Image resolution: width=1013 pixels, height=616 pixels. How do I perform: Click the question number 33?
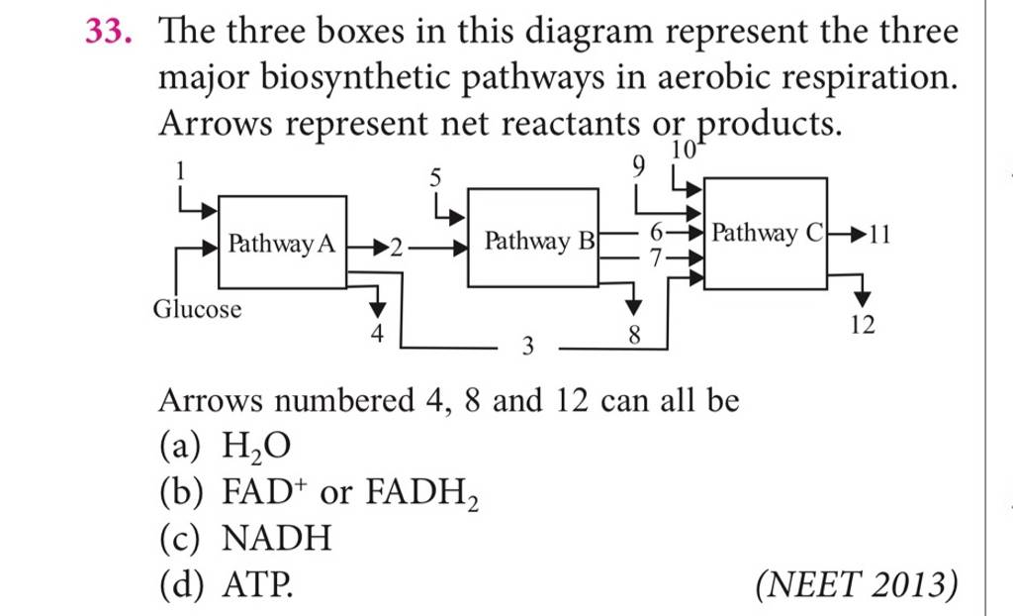point(108,34)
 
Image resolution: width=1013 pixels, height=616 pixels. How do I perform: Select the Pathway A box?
point(282,243)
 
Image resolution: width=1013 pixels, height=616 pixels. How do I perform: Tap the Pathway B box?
point(533,241)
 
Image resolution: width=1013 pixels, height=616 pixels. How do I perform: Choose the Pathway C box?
point(766,235)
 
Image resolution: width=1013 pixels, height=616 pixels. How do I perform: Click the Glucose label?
point(197,310)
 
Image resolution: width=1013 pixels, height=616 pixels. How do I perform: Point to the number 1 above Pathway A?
point(180,170)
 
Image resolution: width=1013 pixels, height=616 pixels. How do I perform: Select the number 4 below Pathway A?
point(376,335)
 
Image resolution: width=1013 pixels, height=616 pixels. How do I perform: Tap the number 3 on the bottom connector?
point(527,346)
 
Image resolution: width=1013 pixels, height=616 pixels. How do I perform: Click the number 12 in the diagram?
point(863,326)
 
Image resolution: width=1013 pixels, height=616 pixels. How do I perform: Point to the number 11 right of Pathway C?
point(878,235)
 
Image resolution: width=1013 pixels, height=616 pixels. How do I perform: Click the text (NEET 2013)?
point(856,587)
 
